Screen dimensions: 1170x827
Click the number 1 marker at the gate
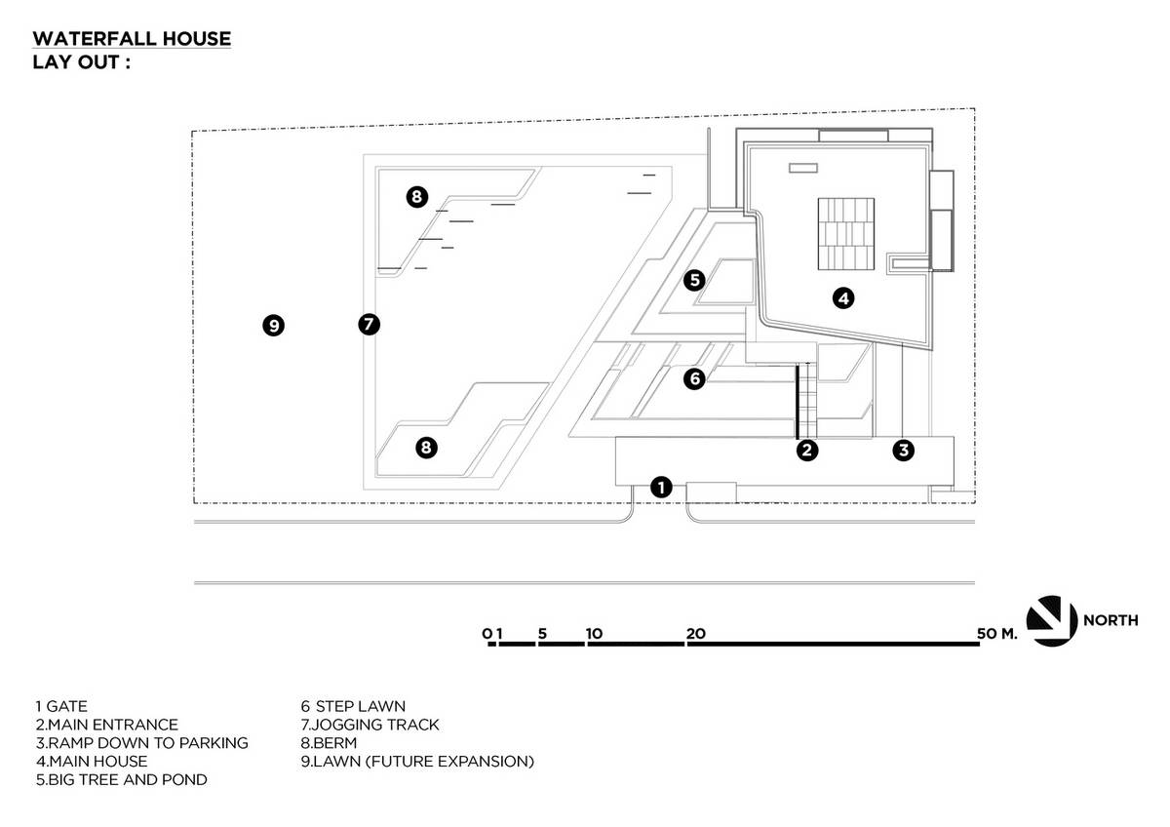[661, 488]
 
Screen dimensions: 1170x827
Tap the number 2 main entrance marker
[807, 450]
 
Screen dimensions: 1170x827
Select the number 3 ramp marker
[904, 450]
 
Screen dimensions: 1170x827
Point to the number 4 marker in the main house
[843, 298]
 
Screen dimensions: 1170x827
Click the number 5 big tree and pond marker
[694, 280]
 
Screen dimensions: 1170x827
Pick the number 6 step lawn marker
[694, 378]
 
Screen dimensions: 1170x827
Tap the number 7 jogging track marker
[370, 324]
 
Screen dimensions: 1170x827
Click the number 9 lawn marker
[274, 326]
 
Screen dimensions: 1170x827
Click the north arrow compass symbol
[1052, 620]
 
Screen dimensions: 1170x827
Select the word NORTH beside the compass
[1111, 620]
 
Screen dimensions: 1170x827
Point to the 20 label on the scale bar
[696, 634]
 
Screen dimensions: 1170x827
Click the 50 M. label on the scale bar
[997, 634]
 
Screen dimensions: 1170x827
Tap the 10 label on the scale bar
[594, 634]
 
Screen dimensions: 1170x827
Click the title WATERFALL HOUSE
[132, 39]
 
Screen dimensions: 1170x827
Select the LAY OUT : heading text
[82, 62]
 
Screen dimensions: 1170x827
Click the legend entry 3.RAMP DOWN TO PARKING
[142, 743]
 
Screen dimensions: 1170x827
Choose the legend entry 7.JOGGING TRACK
[370, 725]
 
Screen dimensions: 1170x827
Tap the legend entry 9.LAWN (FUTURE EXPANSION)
[417, 762]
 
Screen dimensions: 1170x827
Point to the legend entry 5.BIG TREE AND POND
[122, 780]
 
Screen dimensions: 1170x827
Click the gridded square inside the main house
[846, 234]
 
